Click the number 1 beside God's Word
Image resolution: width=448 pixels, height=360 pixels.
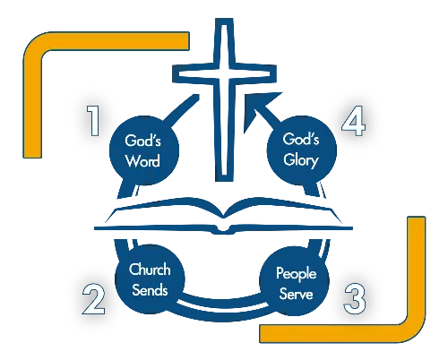point(94,121)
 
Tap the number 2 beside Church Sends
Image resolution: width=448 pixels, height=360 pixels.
point(94,299)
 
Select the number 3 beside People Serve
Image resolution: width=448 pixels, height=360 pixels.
point(355,299)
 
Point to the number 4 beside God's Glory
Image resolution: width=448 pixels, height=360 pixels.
point(354,121)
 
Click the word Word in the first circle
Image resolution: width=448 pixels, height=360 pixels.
point(142,160)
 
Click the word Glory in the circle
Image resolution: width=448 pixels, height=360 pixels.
point(301,160)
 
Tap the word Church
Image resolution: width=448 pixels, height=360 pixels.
point(150,270)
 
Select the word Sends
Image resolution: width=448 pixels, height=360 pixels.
point(150,290)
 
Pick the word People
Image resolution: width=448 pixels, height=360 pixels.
point(296,274)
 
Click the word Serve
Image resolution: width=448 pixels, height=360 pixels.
point(296,294)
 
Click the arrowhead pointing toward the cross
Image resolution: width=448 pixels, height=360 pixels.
point(257,107)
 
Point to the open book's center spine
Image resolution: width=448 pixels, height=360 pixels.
point(223,222)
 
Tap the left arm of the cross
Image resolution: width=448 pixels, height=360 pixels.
point(194,73)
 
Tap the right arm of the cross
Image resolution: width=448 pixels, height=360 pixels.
point(254,73)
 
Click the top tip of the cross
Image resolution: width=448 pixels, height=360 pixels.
point(224,19)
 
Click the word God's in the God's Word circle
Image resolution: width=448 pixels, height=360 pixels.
point(142,141)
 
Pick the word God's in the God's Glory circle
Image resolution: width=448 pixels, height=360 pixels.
point(301,139)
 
